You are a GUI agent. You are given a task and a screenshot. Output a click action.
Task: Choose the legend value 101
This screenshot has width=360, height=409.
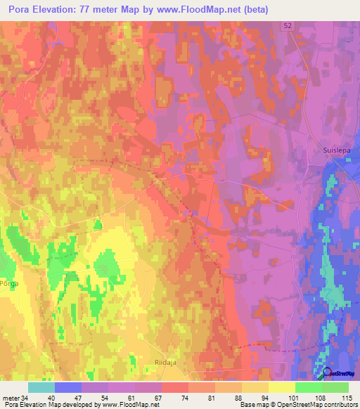tap(293, 397)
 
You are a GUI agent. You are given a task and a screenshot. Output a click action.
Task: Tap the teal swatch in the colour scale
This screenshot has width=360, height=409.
tap(41, 387)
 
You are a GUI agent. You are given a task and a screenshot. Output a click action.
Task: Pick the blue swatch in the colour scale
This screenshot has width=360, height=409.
tap(67, 387)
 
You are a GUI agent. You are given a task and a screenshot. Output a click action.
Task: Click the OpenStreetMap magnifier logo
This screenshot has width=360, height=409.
tap(327, 373)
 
